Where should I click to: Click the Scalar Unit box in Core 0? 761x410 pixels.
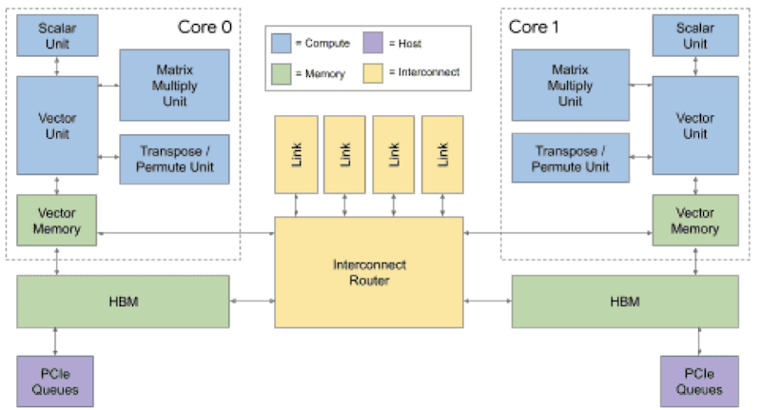57,35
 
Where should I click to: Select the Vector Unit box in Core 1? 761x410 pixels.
694,126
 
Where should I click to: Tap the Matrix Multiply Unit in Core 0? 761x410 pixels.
174,85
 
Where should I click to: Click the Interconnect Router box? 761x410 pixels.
369,273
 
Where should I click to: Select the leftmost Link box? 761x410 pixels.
296,154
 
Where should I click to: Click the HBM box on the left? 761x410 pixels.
123,302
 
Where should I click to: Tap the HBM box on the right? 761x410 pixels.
625,302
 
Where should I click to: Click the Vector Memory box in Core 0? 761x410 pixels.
57,221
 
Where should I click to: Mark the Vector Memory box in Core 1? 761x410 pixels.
694,221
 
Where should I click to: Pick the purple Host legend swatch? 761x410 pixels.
372,43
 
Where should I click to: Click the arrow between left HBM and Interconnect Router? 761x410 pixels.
252,302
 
